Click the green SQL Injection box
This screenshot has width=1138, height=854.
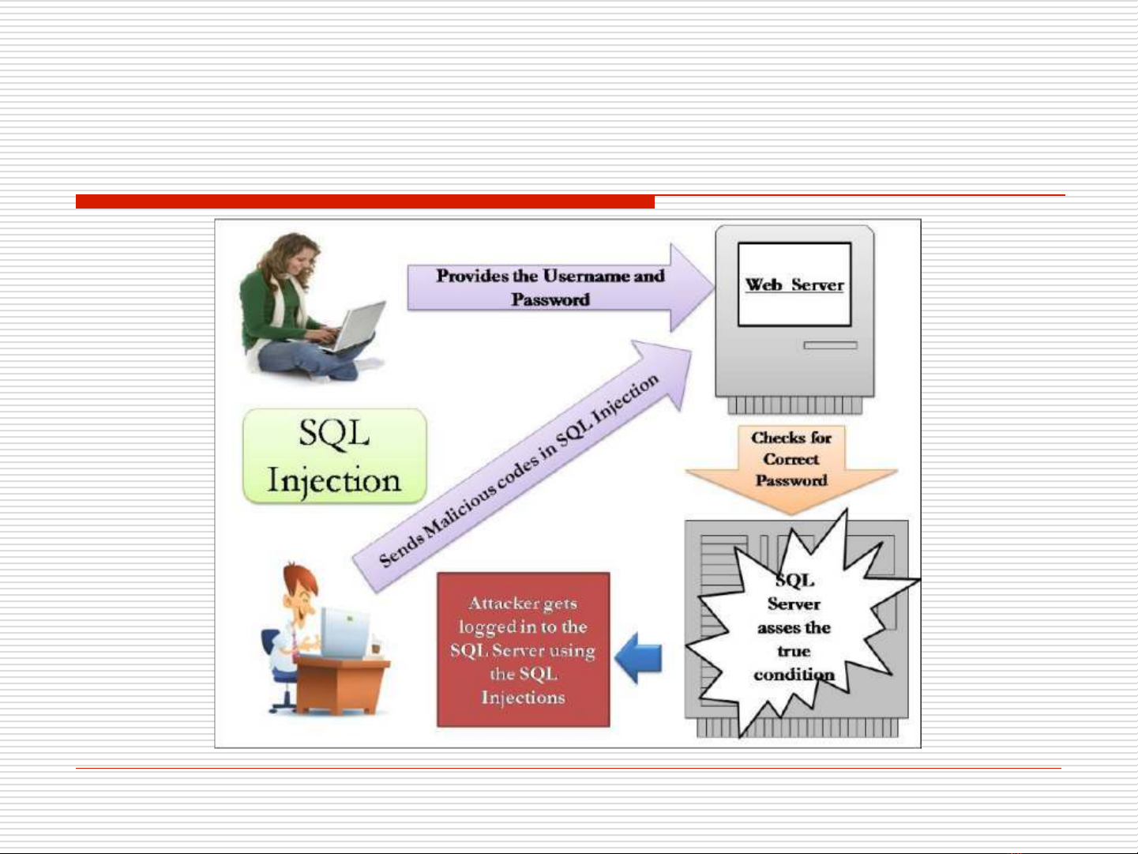point(334,456)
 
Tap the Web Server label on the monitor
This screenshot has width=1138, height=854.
point(794,284)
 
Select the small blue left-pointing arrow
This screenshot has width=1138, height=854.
point(638,657)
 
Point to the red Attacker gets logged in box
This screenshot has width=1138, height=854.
point(523,649)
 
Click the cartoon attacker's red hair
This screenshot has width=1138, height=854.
point(300,577)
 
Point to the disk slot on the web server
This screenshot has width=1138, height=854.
point(830,344)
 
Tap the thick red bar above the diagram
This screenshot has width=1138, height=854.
point(365,201)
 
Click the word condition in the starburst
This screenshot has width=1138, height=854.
point(794,675)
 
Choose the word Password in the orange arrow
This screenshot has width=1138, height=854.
point(791,480)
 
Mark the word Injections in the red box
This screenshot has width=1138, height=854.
point(523,698)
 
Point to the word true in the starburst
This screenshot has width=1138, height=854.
point(794,651)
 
